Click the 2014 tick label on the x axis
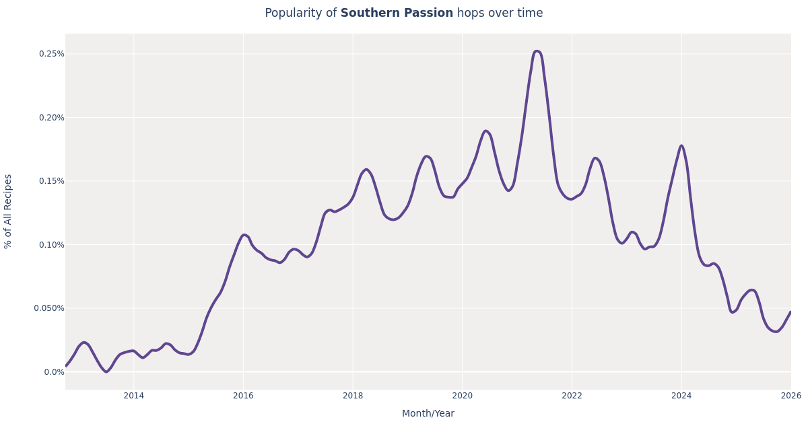tap(133, 396)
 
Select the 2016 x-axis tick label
tap(243, 396)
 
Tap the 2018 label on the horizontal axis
tap(353, 396)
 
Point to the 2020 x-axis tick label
tap(462, 396)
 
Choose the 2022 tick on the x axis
tap(572, 396)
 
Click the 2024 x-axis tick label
tap(681, 396)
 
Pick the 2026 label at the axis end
tap(790, 396)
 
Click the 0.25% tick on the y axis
tap(52, 54)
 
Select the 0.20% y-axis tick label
tap(52, 118)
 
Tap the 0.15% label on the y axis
tap(52, 181)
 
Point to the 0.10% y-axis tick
tap(52, 245)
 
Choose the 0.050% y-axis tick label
tap(49, 308)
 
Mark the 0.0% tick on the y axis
tap(54, 372)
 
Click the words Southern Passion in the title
tap(397, 13)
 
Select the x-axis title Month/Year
tap(428, 414)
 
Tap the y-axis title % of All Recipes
tap(8, 211)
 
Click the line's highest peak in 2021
tap(536, 51)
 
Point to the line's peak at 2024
tap(681, 145)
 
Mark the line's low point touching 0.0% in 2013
tap(106, 372)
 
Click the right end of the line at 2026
tap(790, 312)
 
